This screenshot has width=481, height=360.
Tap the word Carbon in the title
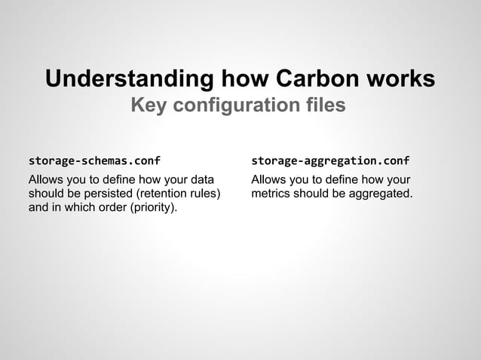(x=316, y=79)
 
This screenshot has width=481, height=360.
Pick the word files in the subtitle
(x=324, y=106)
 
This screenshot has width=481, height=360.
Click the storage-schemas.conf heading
(x=94, y=161)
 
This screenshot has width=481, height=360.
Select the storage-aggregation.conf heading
(x=330, y=161)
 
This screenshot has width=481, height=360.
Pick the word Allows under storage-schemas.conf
(x=45, y=181)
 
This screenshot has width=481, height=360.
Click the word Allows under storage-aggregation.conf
(x=268, y=181)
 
